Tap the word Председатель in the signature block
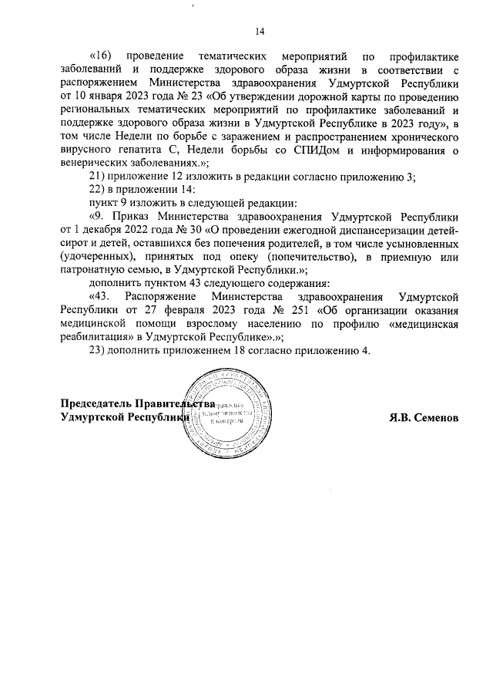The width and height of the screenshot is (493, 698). (x=96, y=403)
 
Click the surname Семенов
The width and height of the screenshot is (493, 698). (x=434, y=416)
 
